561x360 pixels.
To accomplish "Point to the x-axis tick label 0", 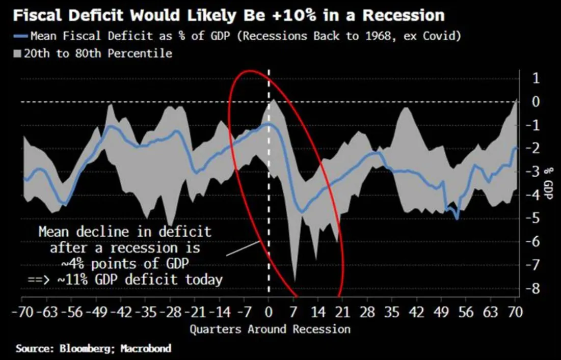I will pos(268,312).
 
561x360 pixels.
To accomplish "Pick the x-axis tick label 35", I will pos(392,312).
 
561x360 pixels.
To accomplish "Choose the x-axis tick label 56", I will pos(466,312).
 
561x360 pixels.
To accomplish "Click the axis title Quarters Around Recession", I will pos(270,329).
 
